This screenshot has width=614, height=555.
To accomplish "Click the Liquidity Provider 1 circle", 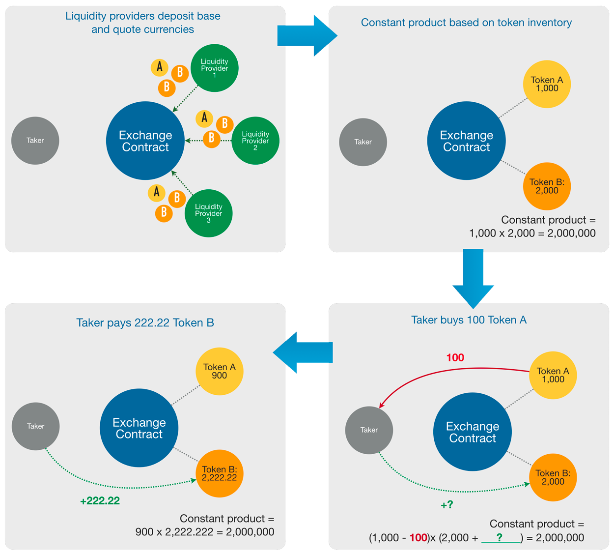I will tap(214, 68).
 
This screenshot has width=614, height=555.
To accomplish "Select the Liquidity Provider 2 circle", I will tap(255, 141).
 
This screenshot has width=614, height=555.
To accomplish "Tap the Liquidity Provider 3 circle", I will tap(208, 213).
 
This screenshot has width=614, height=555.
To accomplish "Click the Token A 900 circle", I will tap(219, 371).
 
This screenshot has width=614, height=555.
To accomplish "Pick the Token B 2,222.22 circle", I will tap(219, 473).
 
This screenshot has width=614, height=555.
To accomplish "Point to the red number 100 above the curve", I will tap(455, 358).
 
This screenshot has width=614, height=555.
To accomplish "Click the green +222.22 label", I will tap(100, 501).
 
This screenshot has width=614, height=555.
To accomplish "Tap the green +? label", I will tap(447, 505).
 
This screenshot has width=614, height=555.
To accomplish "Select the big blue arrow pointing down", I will tap(473, 278).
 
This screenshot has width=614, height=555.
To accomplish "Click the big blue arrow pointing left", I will tap(302, 352).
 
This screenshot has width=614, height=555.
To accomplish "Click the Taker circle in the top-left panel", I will tap(35, 141).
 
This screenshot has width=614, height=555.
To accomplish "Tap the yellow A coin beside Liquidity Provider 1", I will tap(159, 67).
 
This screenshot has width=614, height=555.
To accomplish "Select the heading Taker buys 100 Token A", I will tap(469, 320).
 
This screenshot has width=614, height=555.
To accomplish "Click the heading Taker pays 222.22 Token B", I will tap(145, 323).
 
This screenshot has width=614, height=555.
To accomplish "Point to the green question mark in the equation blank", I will tap(500, 537).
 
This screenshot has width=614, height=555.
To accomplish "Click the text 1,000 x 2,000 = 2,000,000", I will tap(532, 234).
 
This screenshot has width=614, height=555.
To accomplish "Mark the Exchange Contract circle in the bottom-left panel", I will tap(139, 428).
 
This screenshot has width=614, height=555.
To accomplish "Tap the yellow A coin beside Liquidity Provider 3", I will tap(156, 192).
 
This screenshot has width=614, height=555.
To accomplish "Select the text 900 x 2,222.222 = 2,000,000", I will tap(204, 532).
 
